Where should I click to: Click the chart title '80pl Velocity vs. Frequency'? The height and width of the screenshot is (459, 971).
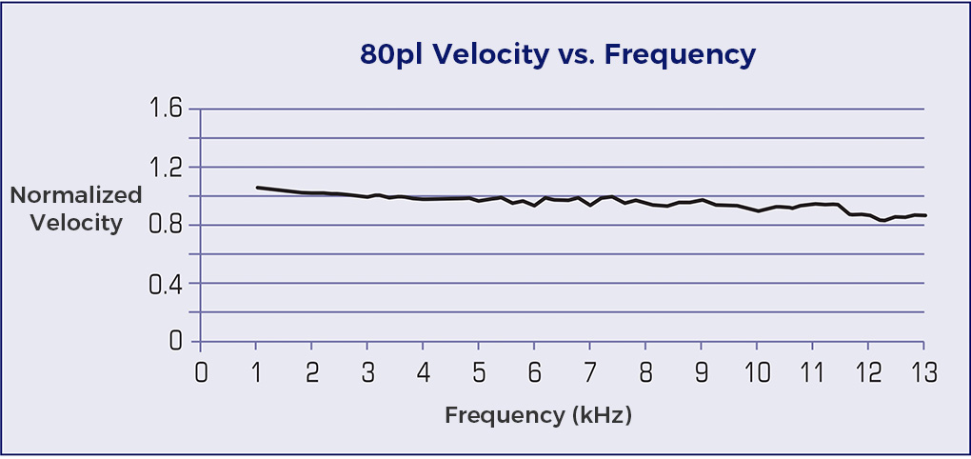(557, 55)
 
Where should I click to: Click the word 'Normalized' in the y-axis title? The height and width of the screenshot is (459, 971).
(76, 195)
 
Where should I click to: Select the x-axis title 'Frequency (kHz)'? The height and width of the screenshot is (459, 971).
(538, 415)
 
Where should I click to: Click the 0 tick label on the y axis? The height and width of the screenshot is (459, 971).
(175, 342)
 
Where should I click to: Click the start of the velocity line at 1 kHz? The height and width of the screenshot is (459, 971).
(257, 188)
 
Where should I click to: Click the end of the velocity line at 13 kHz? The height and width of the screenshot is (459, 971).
(924, 215)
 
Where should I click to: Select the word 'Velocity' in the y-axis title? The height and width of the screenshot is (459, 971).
(76, 224)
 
